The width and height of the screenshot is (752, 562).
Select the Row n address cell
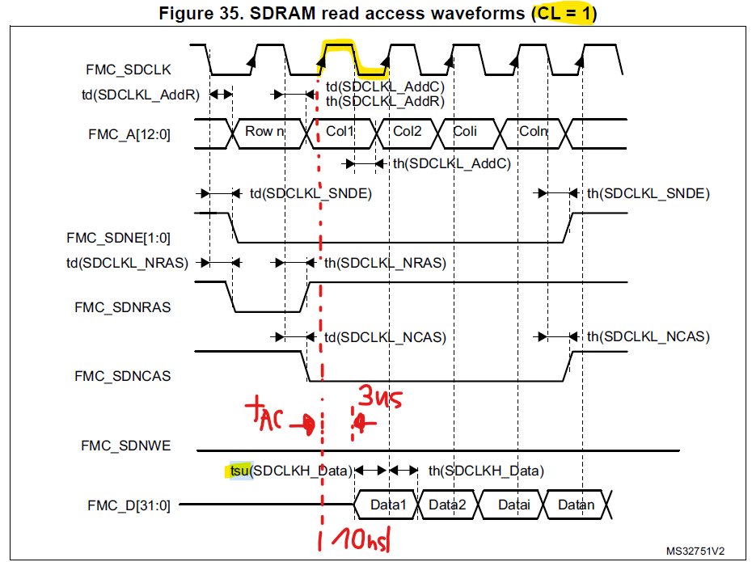(264, 131)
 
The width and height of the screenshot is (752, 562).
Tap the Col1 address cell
(340, 131)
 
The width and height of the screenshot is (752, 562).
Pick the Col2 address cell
(408, 131)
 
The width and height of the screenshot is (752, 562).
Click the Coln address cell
(533, 131)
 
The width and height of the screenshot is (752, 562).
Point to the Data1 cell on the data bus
(386, 505)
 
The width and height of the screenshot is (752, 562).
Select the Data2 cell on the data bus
(447, 505)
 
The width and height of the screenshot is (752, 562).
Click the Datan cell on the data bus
(576, 505)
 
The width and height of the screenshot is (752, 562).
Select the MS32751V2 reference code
(695, 551)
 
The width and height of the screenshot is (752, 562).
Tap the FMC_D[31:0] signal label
(129, 505)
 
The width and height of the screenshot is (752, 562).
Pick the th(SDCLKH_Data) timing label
(485, 470)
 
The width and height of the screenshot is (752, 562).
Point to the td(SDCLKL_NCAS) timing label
(385, 336)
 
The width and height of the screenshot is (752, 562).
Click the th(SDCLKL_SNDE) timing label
(648, 193)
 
